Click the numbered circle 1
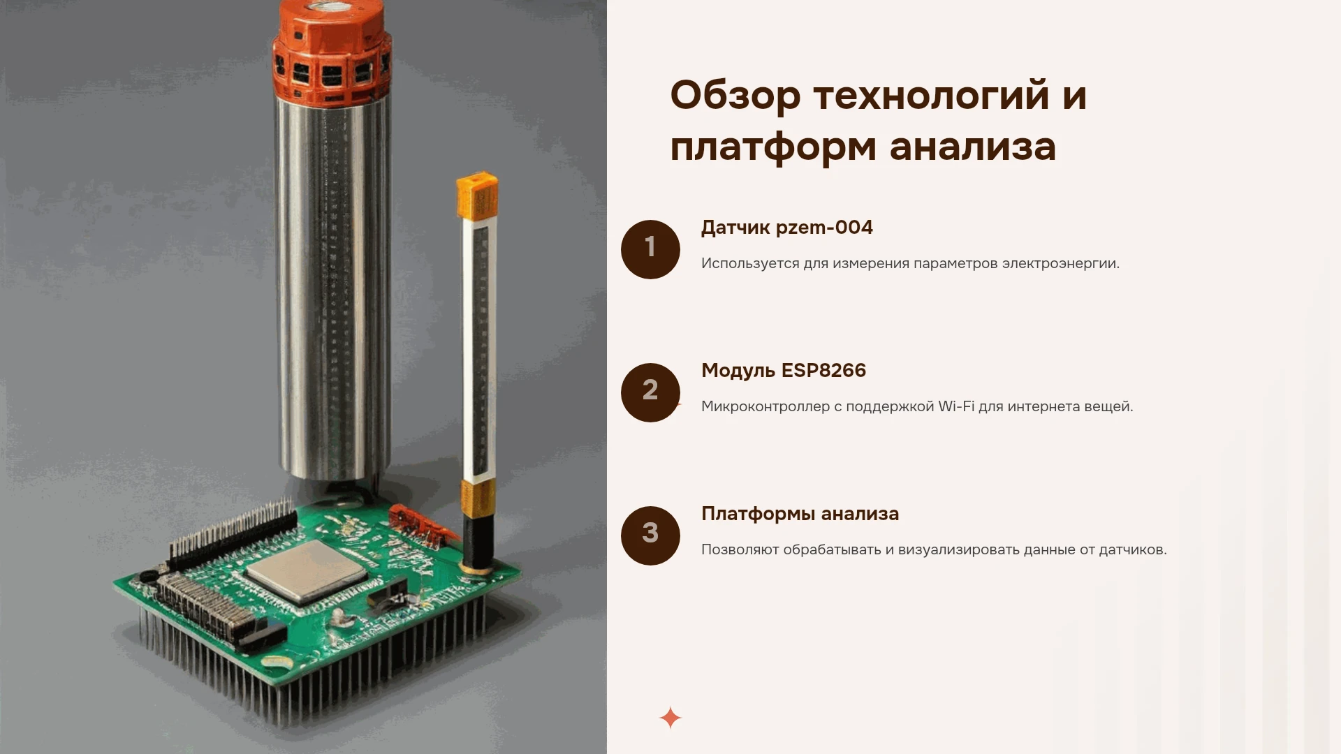(x=650, y=249)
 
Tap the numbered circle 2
(x=650, y=392)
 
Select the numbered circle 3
(x=650, y=535)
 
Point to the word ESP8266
(x=823, y=371)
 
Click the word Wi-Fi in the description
(x=956, y=406)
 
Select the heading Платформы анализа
(x=800, y=514)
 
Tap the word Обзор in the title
(x=735, y=96)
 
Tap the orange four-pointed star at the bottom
(x=670, y=718)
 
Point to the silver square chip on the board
(x=306, y=572)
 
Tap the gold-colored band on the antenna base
(x=478, y=498)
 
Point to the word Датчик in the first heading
(x=731, y=228)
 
